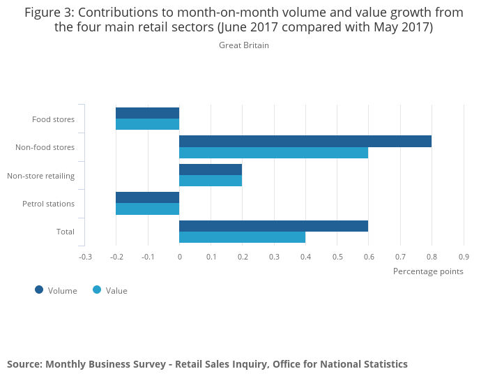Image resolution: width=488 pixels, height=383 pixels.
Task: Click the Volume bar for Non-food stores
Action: tap(305, 141)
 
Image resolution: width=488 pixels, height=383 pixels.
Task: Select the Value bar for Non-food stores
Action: tap(273, 153)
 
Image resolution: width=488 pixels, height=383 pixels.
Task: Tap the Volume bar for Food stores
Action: tap(147, 113)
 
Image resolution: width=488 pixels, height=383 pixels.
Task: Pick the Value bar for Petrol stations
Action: tap(147, 209)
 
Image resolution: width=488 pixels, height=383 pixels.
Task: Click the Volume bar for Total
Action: tap(273, 226)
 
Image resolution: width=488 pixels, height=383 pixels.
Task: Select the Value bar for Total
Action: tap(242, 237)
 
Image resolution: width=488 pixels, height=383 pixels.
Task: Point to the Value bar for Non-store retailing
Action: tap(211, 181)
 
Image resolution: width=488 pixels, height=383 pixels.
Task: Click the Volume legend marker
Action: tap(39, 290)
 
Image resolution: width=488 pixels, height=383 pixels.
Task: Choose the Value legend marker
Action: tap(97, 290)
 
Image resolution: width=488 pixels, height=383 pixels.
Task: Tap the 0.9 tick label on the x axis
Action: tap(464, 257)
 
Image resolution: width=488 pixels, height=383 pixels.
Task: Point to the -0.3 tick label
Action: tap(85, 257)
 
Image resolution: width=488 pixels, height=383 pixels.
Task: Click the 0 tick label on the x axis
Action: tap(179, 257)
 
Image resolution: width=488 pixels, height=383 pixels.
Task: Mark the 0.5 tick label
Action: tap(337, 257)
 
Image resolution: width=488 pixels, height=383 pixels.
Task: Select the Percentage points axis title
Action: tap(428, 271)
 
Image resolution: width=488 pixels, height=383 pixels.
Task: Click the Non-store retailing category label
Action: tap(40, 175)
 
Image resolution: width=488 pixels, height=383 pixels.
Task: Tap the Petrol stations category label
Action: tap(48, 204)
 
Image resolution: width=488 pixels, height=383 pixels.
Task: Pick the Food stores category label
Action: tap(53, 119)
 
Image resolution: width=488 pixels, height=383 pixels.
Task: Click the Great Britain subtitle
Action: tap(244, 45)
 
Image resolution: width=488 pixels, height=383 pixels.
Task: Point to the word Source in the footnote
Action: tap(24, 364)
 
